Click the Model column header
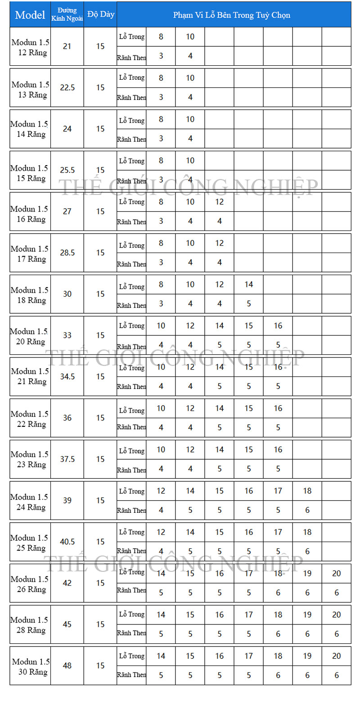(30, 15)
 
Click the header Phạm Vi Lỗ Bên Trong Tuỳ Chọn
(232, 15)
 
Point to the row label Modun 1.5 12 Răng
(30, 47)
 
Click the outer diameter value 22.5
(67, 88)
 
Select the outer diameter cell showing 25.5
(67, 170)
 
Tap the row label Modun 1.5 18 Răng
(30, 294)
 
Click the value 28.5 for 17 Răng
(67, 253)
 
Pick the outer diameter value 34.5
(67, 376)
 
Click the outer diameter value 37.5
(67, 459)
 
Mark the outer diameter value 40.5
(67, 542)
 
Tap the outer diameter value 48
(67, 665)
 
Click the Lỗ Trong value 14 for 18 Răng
(249, 285)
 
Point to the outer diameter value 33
(67, 335)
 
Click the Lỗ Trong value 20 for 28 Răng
(337, 615)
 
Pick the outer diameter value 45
(67, 624)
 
